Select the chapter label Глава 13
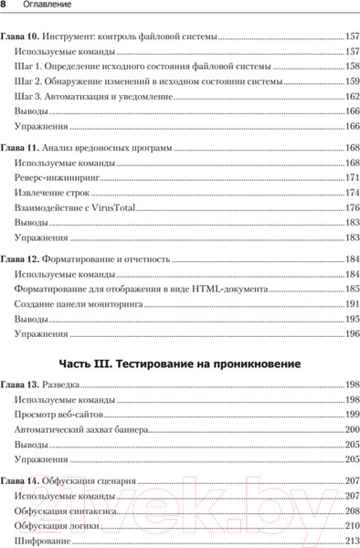[19, 385]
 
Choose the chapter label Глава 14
[19, 480]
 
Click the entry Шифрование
[43, 541]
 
